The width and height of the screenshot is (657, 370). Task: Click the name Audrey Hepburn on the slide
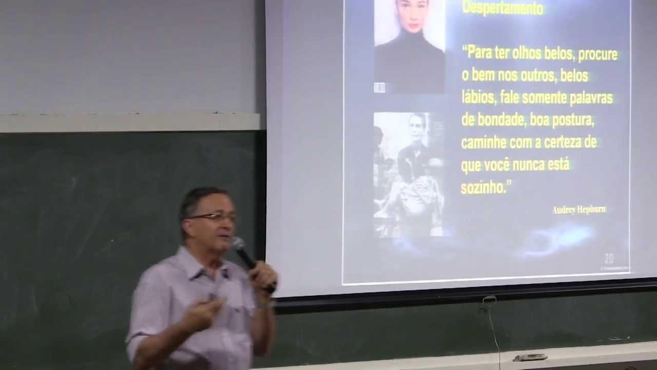point(579,210)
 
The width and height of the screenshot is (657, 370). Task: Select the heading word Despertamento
point(503,8)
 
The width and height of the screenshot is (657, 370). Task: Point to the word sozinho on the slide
point(483,188)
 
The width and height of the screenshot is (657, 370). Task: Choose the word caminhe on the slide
point(484,143)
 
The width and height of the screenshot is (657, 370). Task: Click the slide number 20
point(609,259)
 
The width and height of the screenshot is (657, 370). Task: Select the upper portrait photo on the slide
point(409,46)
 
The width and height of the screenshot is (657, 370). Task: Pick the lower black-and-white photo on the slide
point(409,175)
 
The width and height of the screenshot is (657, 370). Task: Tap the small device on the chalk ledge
point(530,357)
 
